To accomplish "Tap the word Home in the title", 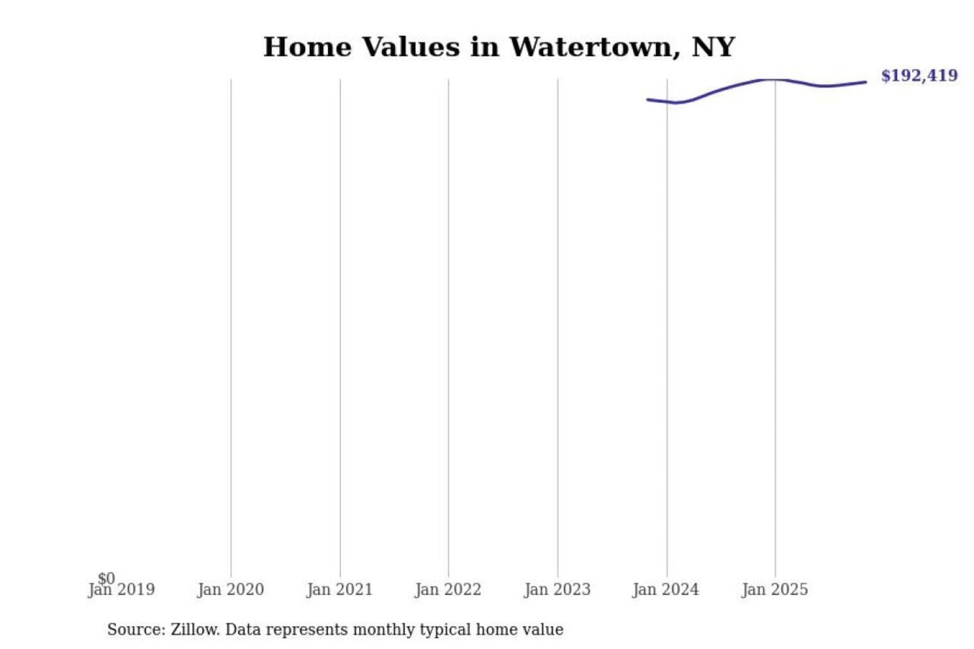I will point(307,47).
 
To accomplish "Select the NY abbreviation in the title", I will point(713,47).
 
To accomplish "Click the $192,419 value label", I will point(919,76).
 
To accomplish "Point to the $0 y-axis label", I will point(106,578).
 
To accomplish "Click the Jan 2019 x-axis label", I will point(122,590).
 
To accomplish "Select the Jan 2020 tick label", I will point(231,590).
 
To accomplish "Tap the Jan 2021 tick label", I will point(340,590).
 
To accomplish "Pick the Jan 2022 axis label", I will point(448,590).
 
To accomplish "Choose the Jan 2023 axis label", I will point(557,590).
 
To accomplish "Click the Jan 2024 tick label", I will point(666,590).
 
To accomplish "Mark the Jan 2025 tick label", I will point(774,590).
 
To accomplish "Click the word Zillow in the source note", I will point(195,629).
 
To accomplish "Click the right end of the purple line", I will point(866,82).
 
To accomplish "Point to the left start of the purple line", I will point(648,100).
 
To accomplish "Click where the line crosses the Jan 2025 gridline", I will point(775,80).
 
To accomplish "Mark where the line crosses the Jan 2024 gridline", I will point(667,102).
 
